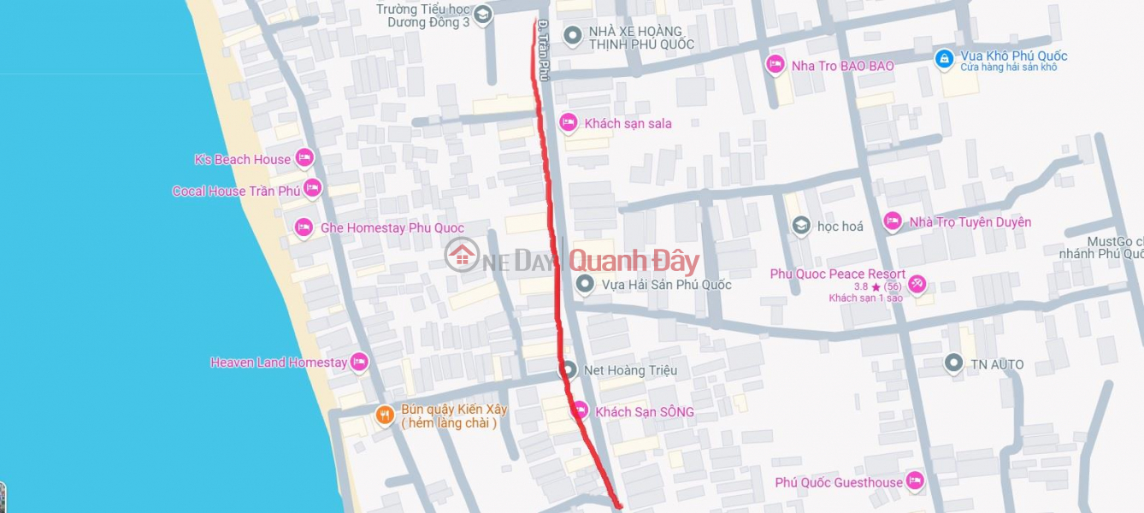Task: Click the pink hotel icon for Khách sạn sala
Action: pyautogui.click(x=569, y=123)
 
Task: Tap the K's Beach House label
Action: pyautogui.click(x=243, y=159)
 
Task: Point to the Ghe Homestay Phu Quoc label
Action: pyautogui.click(x=392, y=227)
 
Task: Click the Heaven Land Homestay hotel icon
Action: pyautogui.click(x=359, y=363)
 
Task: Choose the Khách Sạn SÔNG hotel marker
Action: pyautogui.click(x=580, y=411)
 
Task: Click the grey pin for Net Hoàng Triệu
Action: pyautogui.click(x=568, y=370)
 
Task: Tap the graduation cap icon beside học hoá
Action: pyautogui.click(x=801, y=226)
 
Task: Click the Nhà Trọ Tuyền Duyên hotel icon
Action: pyautogui.click(x=893, y=221)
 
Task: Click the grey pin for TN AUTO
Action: pyautogui.click(x=953, y=364)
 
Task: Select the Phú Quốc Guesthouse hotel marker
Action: pyautogui.click(x=916, y=481)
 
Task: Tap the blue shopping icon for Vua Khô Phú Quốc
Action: pyautogui.click(x=944, y=59)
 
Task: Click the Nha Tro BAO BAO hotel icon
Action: pyautogui.click(x=775, y=65)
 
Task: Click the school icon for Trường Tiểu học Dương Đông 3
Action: pyautogui.click(x=483, y=15)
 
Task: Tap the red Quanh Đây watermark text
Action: pyautogui.click(x=634, y=262)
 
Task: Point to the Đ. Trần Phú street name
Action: pyautogui.click(x=542, y=51)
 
